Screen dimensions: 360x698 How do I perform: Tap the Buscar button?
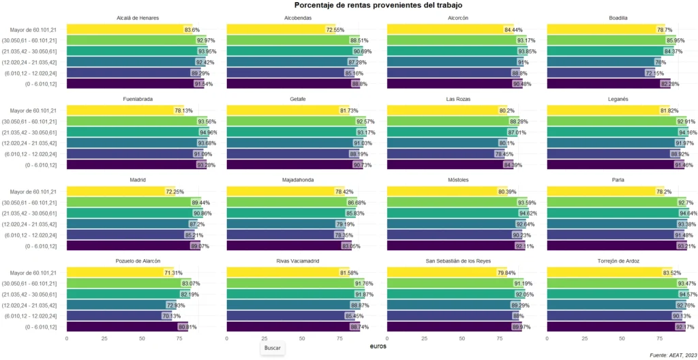click(x=272, y=348)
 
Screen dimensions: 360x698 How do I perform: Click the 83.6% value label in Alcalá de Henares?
click(x=192, y=30)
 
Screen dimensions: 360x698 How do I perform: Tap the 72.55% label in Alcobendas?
click(x=335, y=30)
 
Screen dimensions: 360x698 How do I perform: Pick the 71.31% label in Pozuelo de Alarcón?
click(x=172, y=273)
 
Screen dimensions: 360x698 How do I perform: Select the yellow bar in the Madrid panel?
click(x=120, y=192)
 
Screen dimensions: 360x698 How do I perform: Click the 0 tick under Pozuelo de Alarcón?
click(x=67, y=338)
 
